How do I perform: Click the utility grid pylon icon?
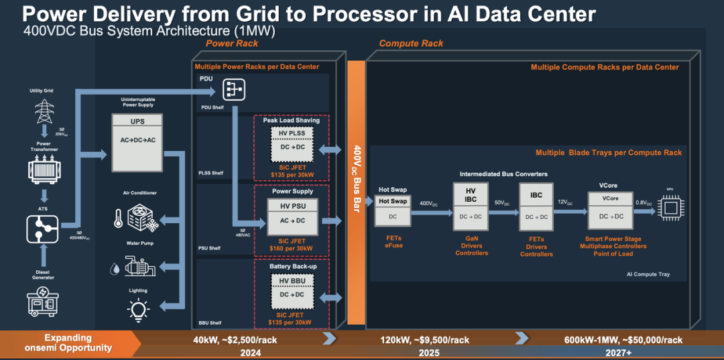click(45, 109)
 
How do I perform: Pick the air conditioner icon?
click(137, 217)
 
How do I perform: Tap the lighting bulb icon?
click(137, 309)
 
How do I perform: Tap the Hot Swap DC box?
click(392, 210)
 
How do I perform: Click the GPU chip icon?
click(670, 207)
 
